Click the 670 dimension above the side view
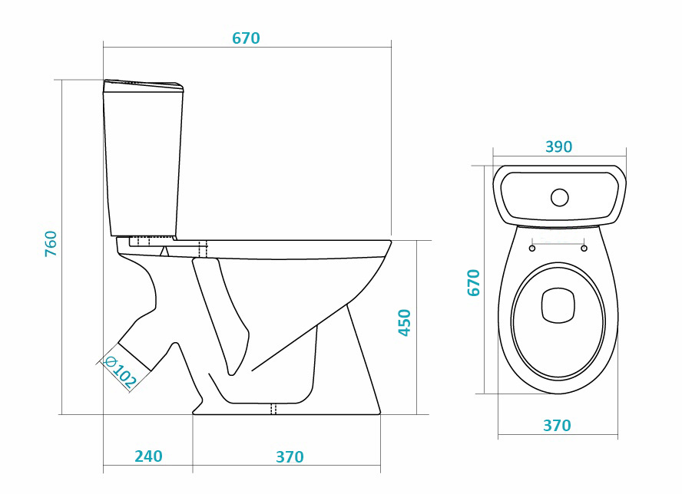coord(246,38)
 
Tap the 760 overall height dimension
coord(51,244)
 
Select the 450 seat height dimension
coord(405,323)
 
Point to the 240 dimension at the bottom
coord(148,456)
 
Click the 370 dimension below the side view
coord(290,456)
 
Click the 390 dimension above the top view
coord(559,147)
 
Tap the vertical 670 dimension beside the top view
coord(474,283)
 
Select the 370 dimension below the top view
coord(557,425)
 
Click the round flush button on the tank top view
coord(559,197)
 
